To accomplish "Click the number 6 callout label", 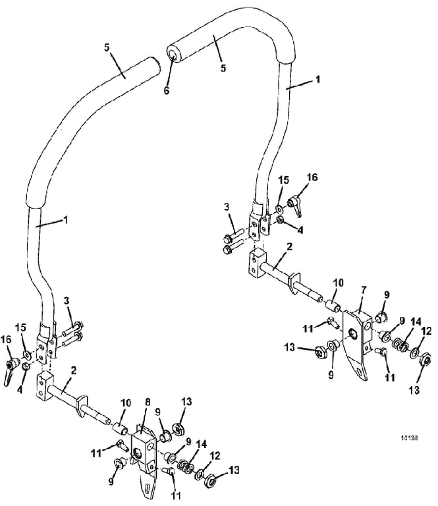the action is pos(167,90).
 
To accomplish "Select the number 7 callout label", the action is pos(364,290).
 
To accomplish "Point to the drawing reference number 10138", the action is pos(409,438).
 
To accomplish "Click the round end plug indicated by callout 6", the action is pos(173,54).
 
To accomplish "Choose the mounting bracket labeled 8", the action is pos(144,459).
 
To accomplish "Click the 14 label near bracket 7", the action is pos(416,322).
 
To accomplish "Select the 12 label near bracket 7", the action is pos(426,331).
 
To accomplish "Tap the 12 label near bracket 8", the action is pos(215,457).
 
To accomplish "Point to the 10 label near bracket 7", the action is pos(339,283).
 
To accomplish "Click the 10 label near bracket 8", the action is pos(125,403).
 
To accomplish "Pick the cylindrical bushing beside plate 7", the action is pos(332,305).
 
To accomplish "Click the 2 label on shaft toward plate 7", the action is pos(289,247).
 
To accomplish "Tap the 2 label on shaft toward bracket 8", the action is pos(74,370).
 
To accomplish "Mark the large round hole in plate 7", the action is pos(354,335).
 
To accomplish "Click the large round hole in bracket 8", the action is pos(139,455).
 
